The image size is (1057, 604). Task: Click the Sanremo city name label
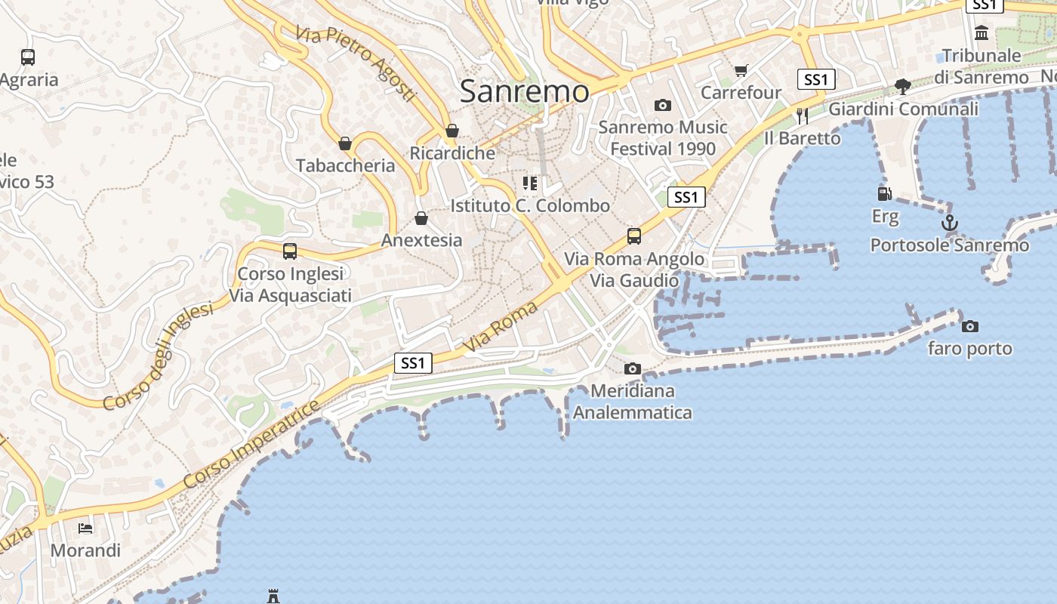pyautogui.click(x=524, y=91)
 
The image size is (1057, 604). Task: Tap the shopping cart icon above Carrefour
pyautogui.click(x=741, y=70)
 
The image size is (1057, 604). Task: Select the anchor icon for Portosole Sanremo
pyautogui.click(x=949, y=223)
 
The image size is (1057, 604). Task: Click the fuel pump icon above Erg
pyautogui.click(x=885, y=194)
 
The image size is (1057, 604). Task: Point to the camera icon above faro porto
pyautogui.click(x=970, y=326)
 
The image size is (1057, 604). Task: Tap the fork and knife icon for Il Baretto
pyautogui.click(x=802, y=116)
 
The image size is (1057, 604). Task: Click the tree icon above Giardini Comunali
pyautogui.click(x=902, y=86)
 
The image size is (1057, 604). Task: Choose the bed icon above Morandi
pyautogui.click(x=85, y=528)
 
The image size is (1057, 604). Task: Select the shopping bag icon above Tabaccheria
pyautogui.click(x=345, y=143)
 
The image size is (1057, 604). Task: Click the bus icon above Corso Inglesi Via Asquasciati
pyautogui.click(x=290, y=251)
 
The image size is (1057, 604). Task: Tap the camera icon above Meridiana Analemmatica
pyautogui.click(x=633, y=369)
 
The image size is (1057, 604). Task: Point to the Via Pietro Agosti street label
pyautogui.click(x=356, y=63)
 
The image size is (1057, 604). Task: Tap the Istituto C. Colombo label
pyautogui.click(x=530, y=205)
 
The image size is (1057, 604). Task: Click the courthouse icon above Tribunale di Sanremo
pyautogui.click(x=981, y=33)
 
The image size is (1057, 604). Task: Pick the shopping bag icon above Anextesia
pyautogui.click(x=421, y=219)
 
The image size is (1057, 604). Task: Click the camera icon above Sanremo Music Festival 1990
pyautogui.click(x=662, y=105)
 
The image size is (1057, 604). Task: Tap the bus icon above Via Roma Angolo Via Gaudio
pyautogui.click(x=634, y=236)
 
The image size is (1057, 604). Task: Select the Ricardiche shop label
pyautogui.click(x=452, y=153)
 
